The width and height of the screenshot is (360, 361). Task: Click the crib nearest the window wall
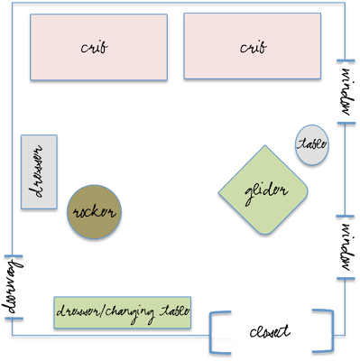(x=253, y=46)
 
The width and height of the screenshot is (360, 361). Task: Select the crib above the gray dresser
(x=98, y=47)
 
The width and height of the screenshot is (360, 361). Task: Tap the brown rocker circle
(x=94, y=212)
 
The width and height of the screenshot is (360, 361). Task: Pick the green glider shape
(x=263, y=190)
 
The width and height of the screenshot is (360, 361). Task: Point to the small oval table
(x=311, y=145)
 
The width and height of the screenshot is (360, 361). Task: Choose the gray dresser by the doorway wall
(x=39, y=171)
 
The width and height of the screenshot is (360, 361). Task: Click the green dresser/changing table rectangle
(x=123, y=312)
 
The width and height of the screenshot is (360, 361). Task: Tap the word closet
(x=270, y=331)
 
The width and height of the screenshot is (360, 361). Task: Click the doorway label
(x=12, y=287)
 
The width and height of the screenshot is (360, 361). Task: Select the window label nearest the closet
(x=347, y=247)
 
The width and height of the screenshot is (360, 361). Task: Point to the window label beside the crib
(x=347, y=92)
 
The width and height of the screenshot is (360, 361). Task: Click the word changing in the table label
(x=130, y=313)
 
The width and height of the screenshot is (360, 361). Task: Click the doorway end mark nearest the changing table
(x=14, y=319)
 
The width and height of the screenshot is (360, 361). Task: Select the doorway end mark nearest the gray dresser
(x=14, y=256)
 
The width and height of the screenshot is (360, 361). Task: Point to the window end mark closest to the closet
(x=346, y=279)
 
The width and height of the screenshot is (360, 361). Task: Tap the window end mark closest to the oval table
(x=346, y=123)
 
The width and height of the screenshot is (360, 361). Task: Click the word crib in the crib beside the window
(x=254, y=48)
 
